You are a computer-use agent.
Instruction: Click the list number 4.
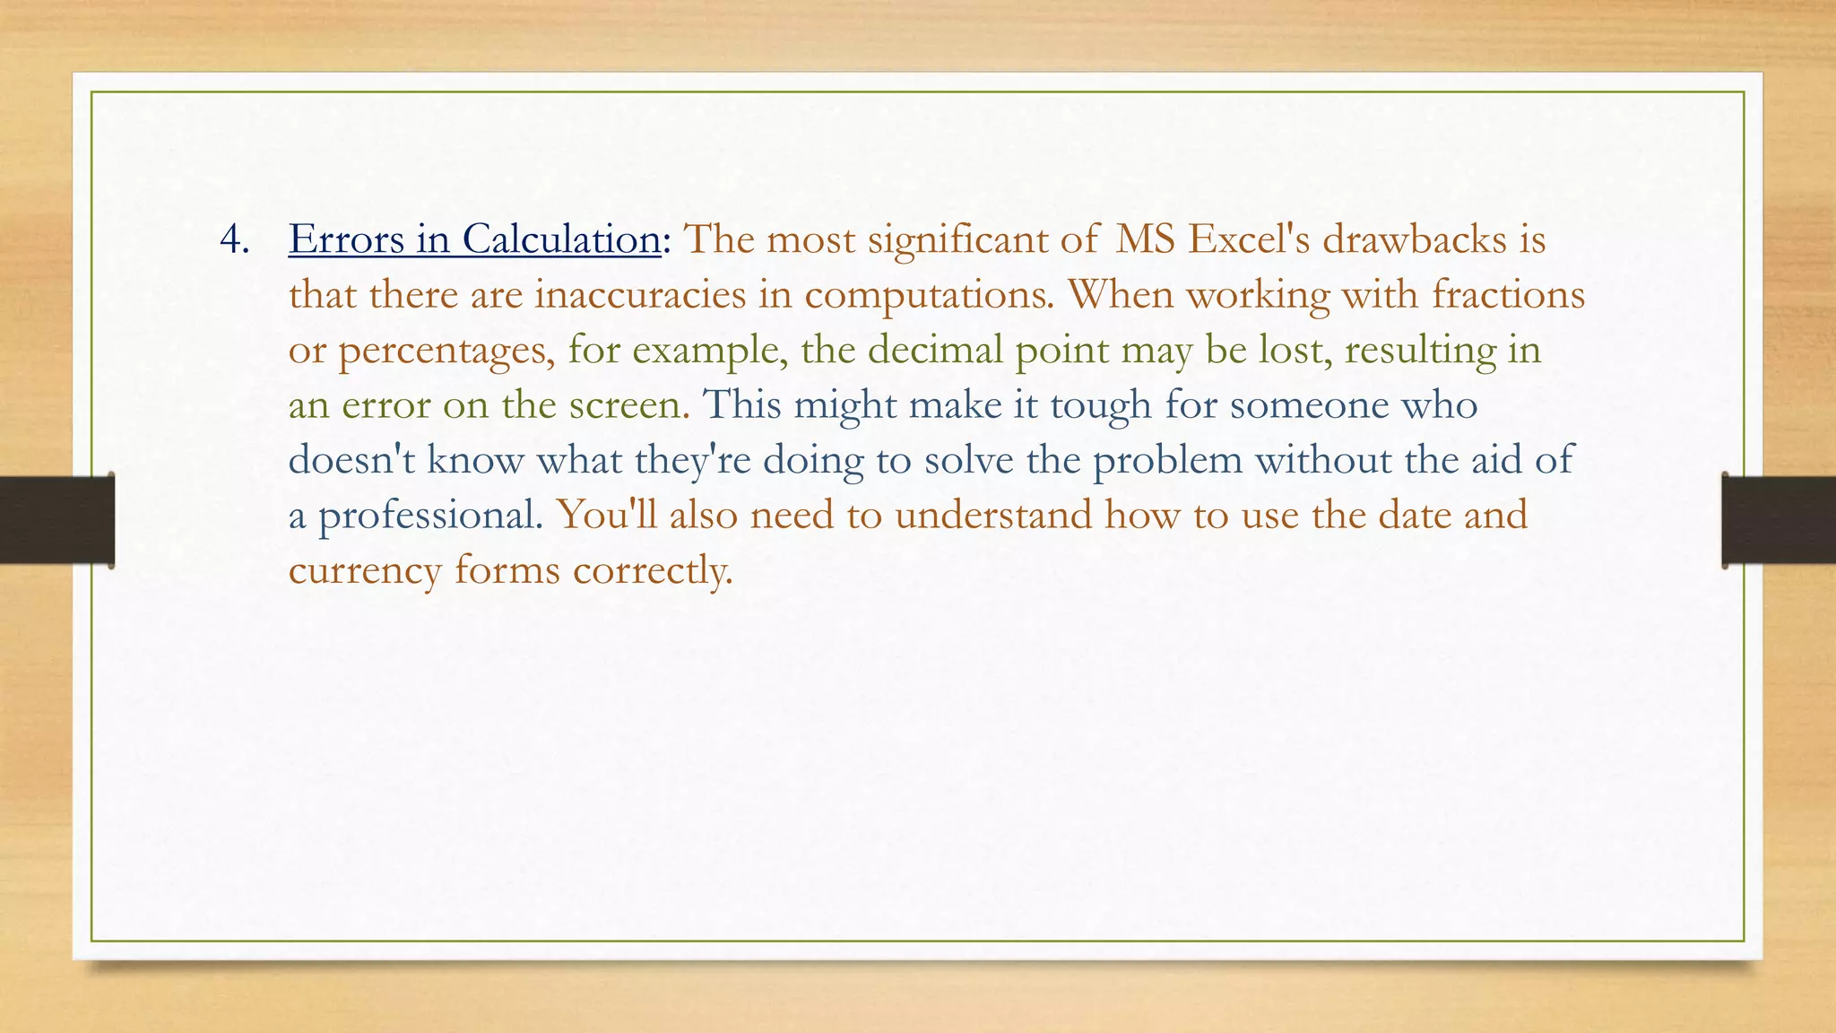pos(233,240)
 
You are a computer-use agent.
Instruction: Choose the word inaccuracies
pos(640,295)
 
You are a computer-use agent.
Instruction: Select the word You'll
pos(606,516)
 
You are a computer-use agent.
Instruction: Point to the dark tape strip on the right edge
pos(1779,520)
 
